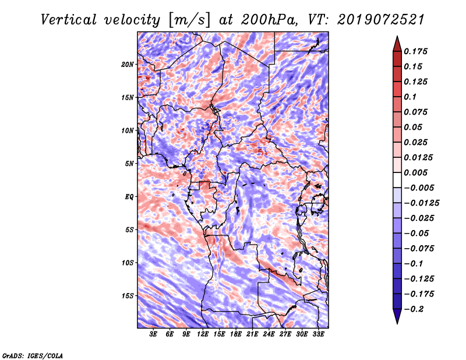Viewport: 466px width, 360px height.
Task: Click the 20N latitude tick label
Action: tap(128, 64)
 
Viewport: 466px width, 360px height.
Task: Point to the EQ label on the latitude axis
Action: tap(129, 197)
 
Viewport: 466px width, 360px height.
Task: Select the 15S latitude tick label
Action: tap(128, 296)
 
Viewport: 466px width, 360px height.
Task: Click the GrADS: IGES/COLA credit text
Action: tap(32, 355)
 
